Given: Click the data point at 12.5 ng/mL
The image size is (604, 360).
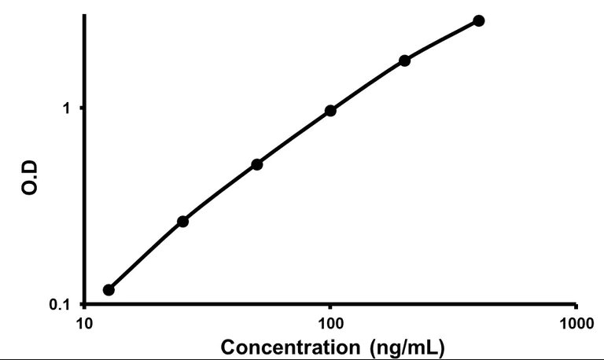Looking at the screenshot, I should point(109,290).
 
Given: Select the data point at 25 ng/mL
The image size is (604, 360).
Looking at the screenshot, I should point(182,222).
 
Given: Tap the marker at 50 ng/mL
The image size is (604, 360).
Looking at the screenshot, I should point(256,164).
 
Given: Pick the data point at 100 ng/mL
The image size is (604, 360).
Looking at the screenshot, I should point(330,111).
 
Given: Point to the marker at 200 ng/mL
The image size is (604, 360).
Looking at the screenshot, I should point(405,61).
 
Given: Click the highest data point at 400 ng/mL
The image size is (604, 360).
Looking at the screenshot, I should point(479,20).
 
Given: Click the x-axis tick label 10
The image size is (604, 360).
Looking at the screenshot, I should point(84,323).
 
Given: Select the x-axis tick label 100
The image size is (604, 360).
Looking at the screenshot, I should point(330,323).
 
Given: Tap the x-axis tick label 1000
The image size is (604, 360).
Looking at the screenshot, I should point(576,323).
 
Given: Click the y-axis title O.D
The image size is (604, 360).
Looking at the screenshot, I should point(30,181).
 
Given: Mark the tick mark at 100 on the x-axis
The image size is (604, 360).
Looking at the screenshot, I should point(330,308).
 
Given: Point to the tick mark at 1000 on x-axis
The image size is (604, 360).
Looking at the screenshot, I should point(576,308).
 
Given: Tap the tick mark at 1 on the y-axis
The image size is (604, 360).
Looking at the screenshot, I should point(81,108).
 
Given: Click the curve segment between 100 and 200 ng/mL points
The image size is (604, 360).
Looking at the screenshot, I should point(368,84).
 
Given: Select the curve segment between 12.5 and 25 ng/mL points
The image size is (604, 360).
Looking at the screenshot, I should point(145,255).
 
